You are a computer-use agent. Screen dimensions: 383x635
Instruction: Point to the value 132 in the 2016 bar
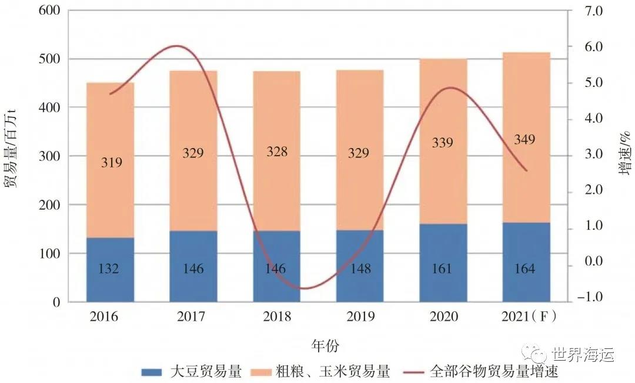click(x=110, y=269)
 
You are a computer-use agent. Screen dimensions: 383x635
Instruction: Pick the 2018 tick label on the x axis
click(x=276, y=317)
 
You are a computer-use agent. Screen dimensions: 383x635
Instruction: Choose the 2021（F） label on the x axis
click(x=527, y=317)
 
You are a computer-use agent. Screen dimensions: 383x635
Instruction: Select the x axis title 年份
click(x=325, y=345)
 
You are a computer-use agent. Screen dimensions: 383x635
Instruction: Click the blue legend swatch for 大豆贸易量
click(x=153, y=372)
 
